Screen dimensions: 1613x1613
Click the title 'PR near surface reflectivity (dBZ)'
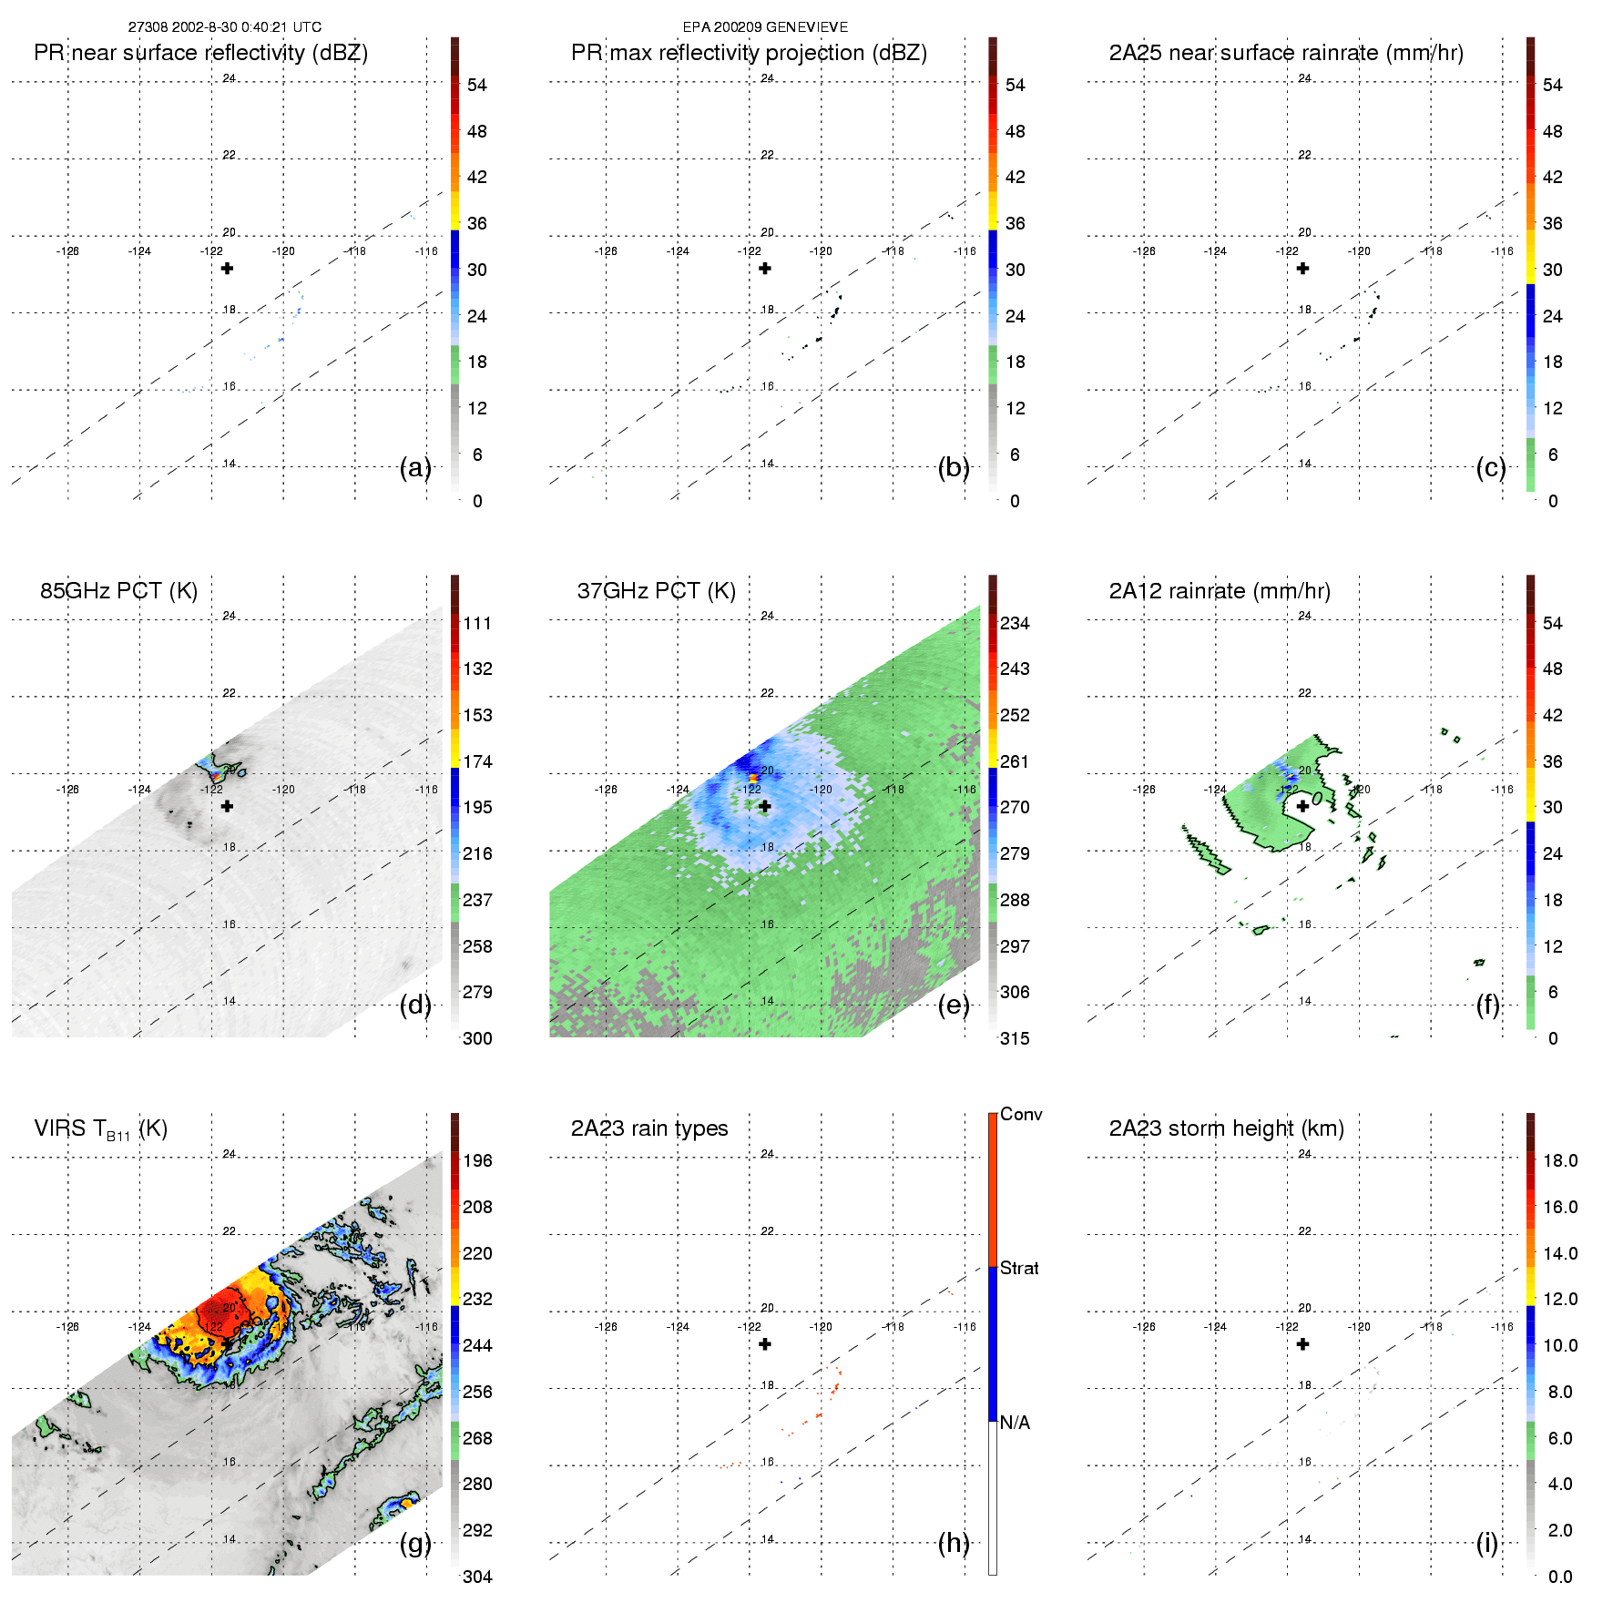point(200,53)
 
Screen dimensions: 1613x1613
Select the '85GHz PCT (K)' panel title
point(118,591)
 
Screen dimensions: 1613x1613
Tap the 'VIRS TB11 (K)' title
point(100,1129)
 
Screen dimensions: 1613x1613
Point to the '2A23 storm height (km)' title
point(1226,1129)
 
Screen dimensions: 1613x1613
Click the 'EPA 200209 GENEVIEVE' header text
point(765,27)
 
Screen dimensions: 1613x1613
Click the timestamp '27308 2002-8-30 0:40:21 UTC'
point(224,27)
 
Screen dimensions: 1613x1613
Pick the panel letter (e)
point(953,1005)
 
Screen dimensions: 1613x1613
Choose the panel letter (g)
point(415,1543)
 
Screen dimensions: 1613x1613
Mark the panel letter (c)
point(1490,467)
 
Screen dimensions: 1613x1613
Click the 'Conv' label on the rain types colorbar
point(1021,1115)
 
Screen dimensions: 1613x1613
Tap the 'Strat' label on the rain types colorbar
point(1019,1269)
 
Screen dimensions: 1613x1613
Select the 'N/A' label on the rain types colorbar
point(1015,1423)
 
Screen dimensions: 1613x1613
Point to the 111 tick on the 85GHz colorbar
point(477,624)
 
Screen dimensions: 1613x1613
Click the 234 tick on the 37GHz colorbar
point(1015,624)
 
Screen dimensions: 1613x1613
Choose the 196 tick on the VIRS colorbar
point(477,1161)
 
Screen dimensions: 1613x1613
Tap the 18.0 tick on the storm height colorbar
point(1559,1161)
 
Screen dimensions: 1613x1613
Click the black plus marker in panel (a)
point(228,269)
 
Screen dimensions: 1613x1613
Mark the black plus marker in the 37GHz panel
point(765,806)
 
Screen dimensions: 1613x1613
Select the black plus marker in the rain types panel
point(765,1344)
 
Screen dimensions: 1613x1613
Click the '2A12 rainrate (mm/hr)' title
point(1220,591)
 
